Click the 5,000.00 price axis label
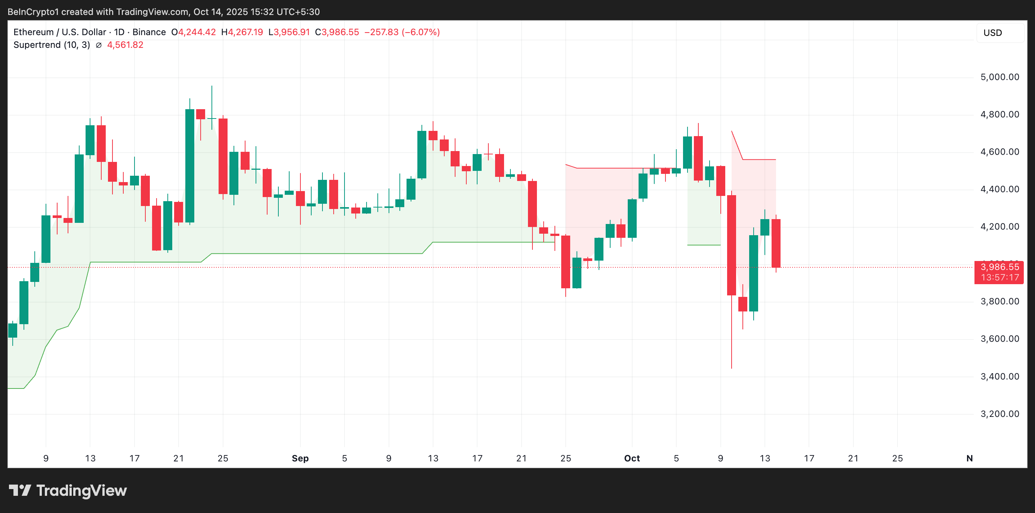pos(999,77)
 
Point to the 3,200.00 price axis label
pos(999,414)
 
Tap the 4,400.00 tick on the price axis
pos(999,189)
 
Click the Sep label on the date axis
pos(300,458)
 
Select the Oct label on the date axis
pos(631,458)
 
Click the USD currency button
pos(992,33)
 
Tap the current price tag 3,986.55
pos(999,267)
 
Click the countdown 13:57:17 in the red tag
pos(999,277)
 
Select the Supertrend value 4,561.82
pos(125,44)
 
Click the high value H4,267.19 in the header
pos(242,32)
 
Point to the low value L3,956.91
pos(289,32)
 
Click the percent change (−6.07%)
pos(421,32)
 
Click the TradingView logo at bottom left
pos(68,491)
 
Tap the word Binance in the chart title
pos(149,32)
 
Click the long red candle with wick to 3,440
pos(731,245)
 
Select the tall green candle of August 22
pos(190,165)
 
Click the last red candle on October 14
pos(776,243)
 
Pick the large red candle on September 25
pos(565,262)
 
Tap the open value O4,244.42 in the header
pos(193,32)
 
